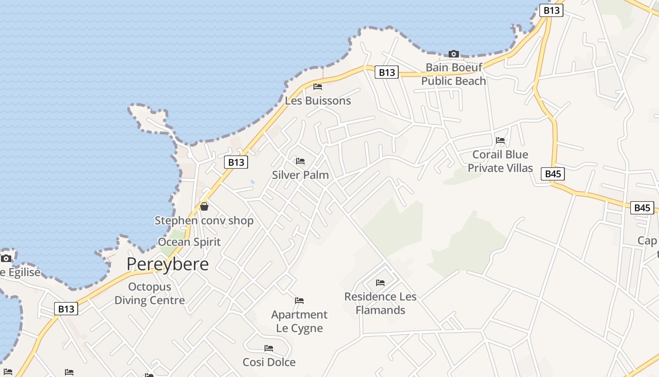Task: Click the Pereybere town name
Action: (x=167, y=264)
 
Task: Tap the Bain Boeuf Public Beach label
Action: (x=453, y=74)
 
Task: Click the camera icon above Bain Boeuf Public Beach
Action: (x=453, y=54)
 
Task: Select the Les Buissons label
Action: (x=318, y=100)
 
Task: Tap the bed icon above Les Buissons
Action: (x=318, y=87)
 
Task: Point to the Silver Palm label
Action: (x=300, y=175)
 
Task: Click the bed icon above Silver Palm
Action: (x=300, y=161)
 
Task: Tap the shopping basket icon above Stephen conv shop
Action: (x=204, y=206)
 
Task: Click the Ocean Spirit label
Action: (x=189, y=242)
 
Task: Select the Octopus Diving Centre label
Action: (x=150, y=293)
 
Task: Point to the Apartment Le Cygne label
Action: (x=299, y=321)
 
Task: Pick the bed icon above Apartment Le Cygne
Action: (x=299, y=301)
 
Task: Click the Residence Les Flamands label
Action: (x=380, y=303)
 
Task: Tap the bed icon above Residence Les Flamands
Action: (x=380, y=283)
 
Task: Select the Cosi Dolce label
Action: (x=269, y=362)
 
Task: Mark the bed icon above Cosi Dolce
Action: (x=269, y=348)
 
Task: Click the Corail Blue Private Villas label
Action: (x=500, y=161)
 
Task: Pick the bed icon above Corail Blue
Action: (x=500, y=140)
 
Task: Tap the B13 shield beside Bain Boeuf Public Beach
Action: (x=386, y=72)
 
